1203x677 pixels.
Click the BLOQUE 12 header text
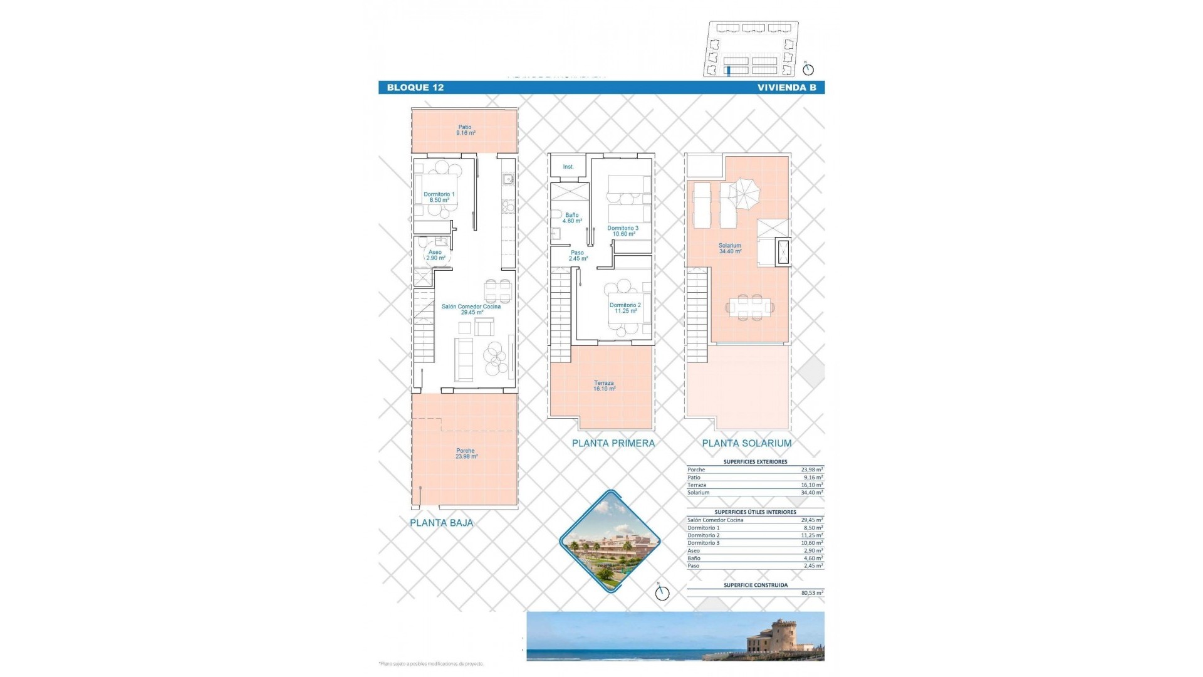pos(415,88)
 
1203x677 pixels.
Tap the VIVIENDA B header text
pos(786,88)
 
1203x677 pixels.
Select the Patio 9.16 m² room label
pos(465,130)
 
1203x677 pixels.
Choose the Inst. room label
pos(568,167)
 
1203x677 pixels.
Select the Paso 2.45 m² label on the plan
pos(578,256)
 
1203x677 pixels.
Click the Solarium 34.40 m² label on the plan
pos(730,248)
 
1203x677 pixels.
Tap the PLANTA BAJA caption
pos(441,523)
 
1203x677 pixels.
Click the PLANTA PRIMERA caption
pos(613,443)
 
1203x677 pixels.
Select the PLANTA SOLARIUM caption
pos(746,443)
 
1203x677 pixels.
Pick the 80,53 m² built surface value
pos(811,593)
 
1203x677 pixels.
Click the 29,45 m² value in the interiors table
pos(811,520)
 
